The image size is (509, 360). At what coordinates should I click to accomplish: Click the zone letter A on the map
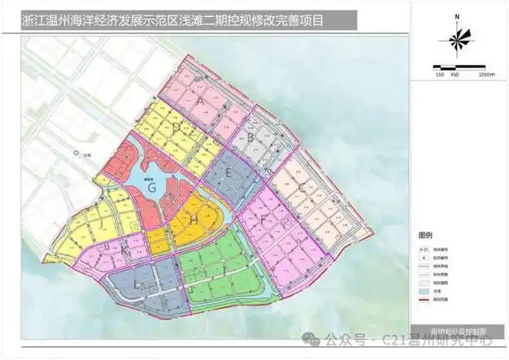click(200, 101)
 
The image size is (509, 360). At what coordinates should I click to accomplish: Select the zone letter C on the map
click(302, 189)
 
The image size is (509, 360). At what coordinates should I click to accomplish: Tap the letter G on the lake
click(153, 187)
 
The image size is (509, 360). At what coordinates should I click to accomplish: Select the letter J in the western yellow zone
click(98, 221)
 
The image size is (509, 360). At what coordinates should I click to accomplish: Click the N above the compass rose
click(458, 15)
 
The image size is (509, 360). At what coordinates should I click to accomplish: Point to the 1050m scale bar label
click(485, 74)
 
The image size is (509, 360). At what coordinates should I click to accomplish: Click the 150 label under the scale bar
click(440, 74)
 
